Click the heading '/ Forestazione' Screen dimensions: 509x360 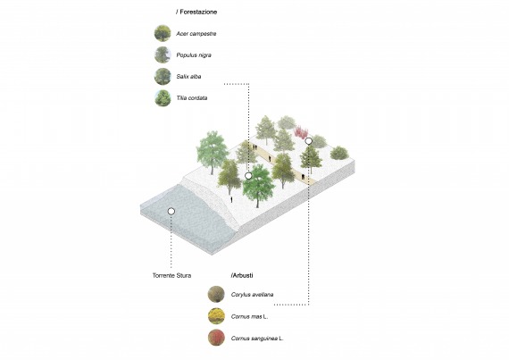click(x=196, y=12)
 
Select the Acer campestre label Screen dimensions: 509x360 click(x=196, y=34)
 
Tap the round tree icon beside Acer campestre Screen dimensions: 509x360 click(x=163, y=33)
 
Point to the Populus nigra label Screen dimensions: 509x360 click(x=194, y=55)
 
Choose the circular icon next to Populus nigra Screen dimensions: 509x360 click(x=163, y=54)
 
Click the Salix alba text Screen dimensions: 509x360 click(x=188, y=77)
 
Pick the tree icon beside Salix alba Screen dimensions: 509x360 click(x=163, y=77)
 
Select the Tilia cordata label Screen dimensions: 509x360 click(x=191, y=98)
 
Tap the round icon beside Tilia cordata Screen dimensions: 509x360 click(x=163, y=98)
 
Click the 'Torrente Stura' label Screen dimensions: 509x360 click(x=171, y=276)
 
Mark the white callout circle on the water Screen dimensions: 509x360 click(x=171, y=212)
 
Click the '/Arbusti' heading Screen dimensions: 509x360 click(x=242, y=275)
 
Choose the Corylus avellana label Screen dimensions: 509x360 click(x=252, y=295)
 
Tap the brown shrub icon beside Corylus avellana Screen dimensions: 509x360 click(x=216, y=295)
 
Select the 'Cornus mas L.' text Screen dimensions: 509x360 click(x=249, y=316)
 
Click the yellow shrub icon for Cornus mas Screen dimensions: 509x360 click(x=216, y=316)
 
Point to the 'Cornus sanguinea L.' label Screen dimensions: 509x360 click(x=257, y=339)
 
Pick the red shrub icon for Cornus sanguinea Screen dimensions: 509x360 click(x=216, y=338)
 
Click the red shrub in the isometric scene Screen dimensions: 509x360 click(x=301, y=132)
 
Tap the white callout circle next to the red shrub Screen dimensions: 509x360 click(x=309, y=141)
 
